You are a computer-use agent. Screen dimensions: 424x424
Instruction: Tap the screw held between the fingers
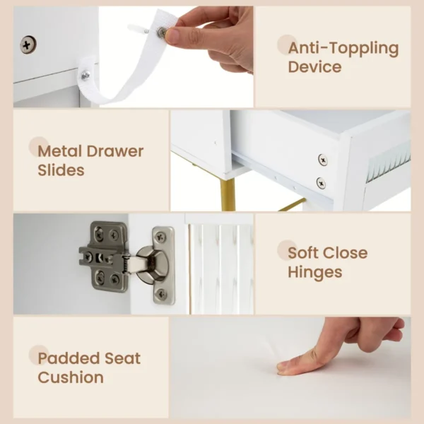point(162,32)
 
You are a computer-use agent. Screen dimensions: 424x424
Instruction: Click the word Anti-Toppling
point(343,49)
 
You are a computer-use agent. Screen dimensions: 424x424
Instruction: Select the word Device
point(314,68)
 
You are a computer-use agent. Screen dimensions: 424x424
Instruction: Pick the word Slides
point(61,170)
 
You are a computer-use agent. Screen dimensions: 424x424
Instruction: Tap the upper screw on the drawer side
point(323,160)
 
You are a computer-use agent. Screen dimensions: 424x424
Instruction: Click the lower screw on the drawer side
point(322,183)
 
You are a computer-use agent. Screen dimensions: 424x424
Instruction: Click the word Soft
point(305,252)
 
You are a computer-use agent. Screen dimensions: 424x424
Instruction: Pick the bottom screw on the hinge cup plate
point(162,293)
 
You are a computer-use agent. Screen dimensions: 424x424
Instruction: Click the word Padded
point(69,358)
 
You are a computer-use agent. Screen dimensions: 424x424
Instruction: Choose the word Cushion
point(71,377)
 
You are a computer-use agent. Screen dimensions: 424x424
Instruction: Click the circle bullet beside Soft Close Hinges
point(287,249)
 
